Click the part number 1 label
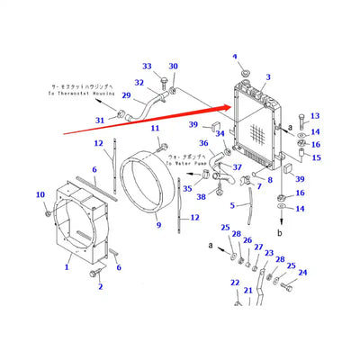[x=67, y=267]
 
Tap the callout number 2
[x=100, y=287]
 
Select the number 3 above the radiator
[x=267, y=78]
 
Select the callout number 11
[x=156, y=129]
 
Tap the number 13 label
[x=314, y=116]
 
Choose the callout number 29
[x=126, y=96]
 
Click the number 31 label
[x=99, y=121]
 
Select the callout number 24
[x=302, y=273]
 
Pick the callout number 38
[x=202, y=197]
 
